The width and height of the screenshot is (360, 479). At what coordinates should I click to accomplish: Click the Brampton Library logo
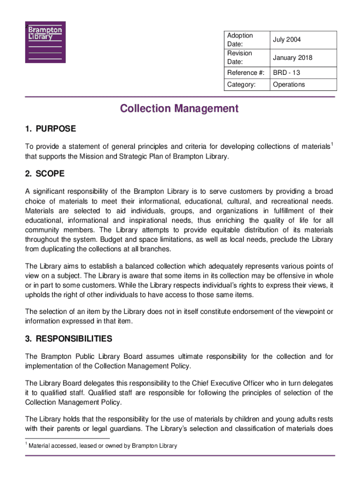click(45, 42)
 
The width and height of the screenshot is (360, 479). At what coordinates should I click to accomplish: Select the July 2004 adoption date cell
click(287, 40)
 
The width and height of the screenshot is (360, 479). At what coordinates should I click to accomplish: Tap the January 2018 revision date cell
click(292, 58)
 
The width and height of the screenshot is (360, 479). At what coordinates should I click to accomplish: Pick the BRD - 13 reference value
click(287, 73)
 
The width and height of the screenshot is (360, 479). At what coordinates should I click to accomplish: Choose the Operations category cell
click(288, 85)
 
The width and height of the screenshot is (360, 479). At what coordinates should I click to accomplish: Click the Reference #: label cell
click(245, 73)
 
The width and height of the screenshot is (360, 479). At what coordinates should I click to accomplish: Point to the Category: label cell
click(241, 85)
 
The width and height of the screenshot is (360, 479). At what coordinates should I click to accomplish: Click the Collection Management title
click(179, 109)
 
